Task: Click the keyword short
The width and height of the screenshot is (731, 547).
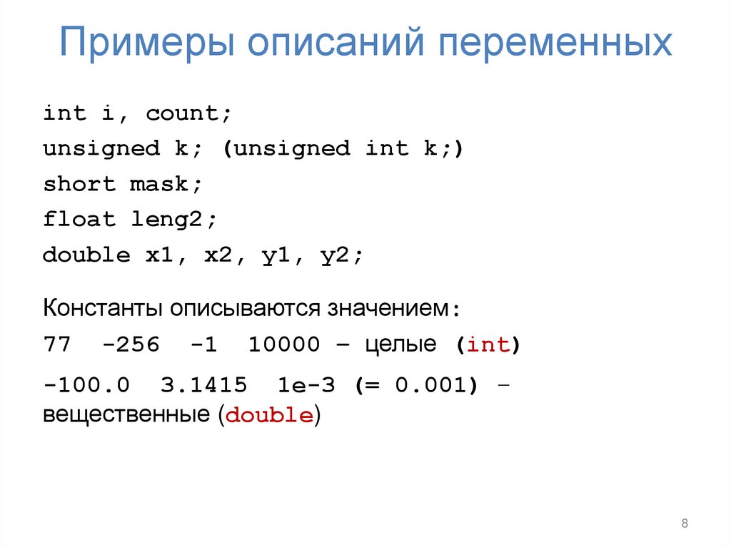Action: click(79, 184)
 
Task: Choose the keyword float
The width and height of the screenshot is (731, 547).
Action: click(79, 219)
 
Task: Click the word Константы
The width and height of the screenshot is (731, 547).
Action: click(104, 309)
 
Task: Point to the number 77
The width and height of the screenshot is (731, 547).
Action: click(57, 345)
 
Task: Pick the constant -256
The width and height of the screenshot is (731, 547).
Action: click(131, 345)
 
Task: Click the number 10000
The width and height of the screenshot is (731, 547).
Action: click(285, 345)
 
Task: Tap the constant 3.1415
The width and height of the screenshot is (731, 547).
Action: click(204, 385)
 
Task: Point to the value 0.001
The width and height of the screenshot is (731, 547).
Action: click(431, 385)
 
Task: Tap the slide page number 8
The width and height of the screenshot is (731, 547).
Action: click(685, 524)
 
